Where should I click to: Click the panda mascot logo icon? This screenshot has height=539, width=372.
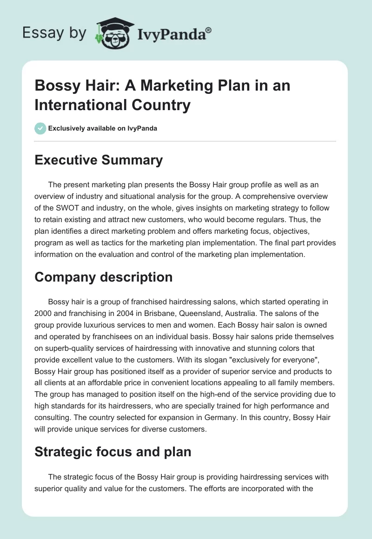tap(114, 33)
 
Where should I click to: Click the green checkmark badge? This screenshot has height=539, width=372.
tap(40, 128)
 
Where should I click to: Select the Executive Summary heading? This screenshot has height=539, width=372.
tap(99, 160)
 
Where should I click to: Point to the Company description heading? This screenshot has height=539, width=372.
tap(103, 277)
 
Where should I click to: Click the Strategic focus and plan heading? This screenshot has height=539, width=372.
tap(113, 452)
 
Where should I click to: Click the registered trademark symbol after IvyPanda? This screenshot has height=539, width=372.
tap(208, 30)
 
